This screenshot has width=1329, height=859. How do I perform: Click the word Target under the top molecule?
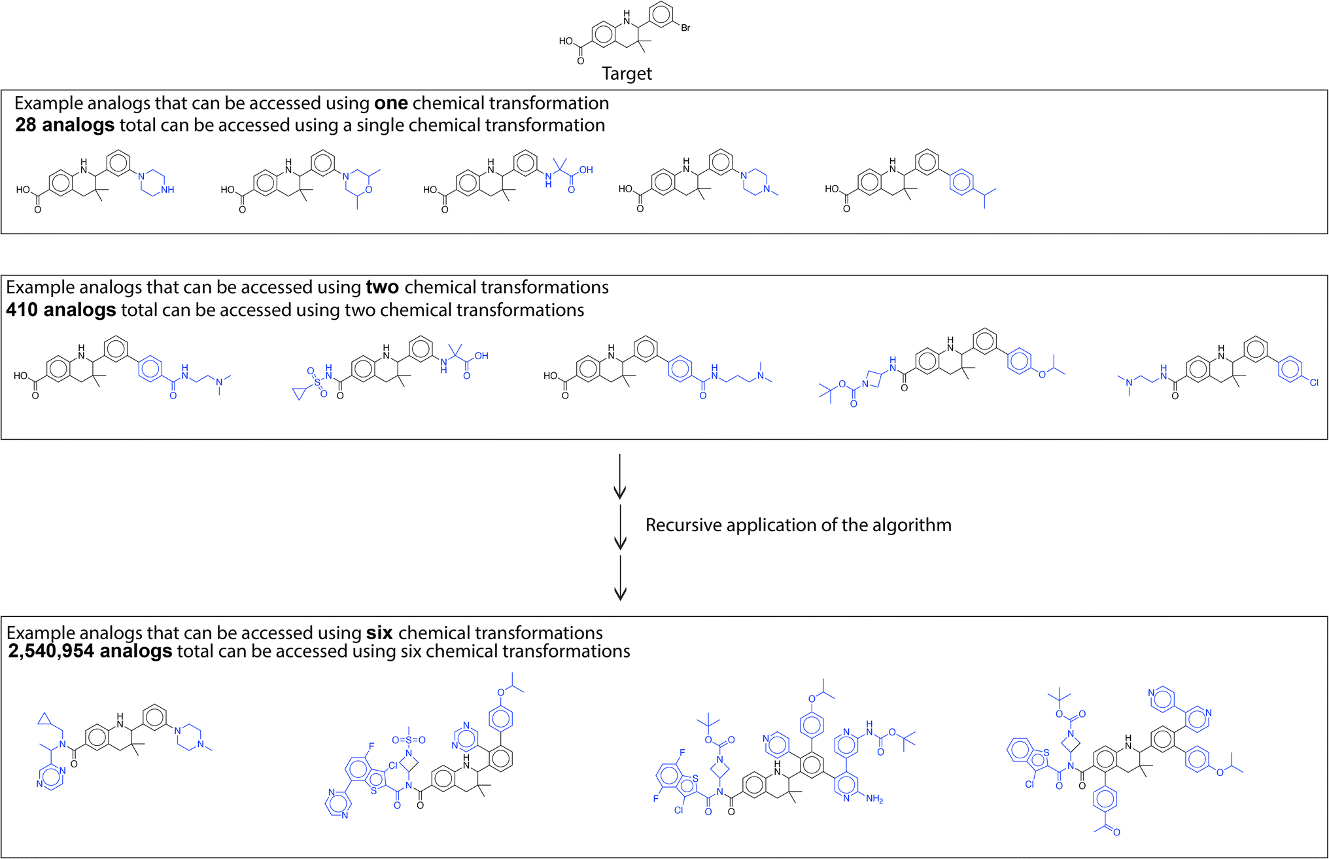tap(627, 74)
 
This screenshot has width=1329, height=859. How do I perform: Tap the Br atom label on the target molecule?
tap(685, 28)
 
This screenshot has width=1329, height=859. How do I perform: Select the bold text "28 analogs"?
tap(65, 125)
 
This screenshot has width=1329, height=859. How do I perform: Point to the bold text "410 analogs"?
tap(61, 309)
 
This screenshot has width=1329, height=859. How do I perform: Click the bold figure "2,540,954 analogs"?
tap(90, 651)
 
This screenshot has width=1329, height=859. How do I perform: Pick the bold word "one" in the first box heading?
tap(391, 103)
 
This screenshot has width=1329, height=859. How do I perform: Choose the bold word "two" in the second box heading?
tap(383, 287)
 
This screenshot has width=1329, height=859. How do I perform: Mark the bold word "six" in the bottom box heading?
tap(379, 633)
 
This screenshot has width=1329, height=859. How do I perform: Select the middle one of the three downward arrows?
tap(620, 526)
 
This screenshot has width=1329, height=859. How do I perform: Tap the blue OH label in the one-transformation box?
tap(586, 170)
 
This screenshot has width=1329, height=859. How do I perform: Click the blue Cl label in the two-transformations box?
tap(1314, 383)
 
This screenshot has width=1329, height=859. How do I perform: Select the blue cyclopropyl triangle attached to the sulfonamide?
tap(300, 393)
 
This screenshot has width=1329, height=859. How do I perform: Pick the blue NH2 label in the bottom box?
tap(874, 799)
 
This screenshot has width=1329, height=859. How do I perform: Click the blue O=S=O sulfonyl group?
tap(409, 740)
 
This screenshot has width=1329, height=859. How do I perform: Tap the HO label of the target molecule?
tap(566, 41)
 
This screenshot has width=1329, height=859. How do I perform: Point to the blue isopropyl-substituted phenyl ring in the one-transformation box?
tap(961, 181)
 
